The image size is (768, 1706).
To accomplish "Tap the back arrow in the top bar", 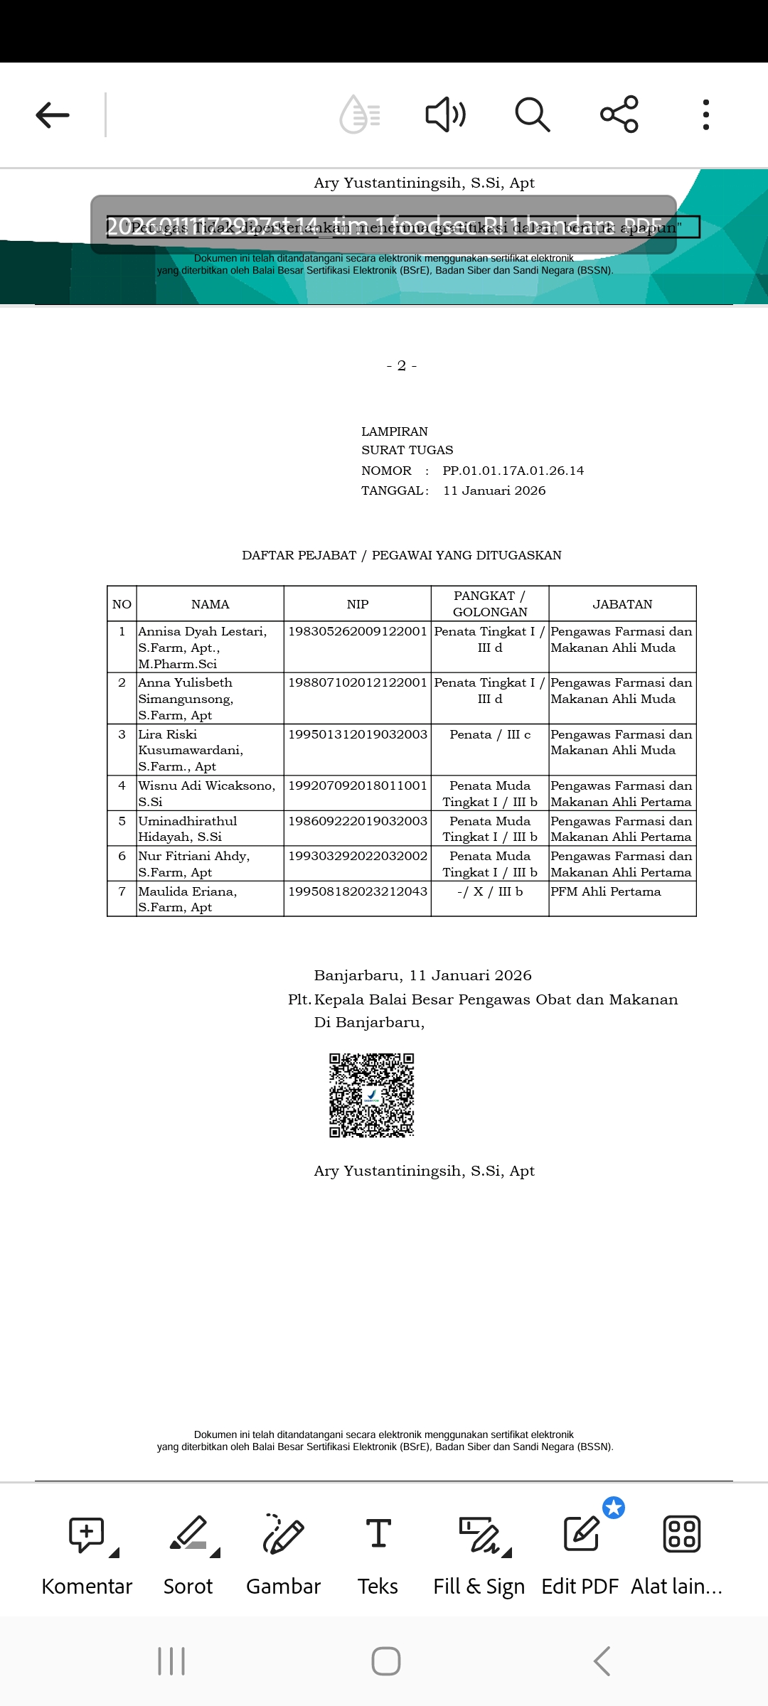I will point(53,114).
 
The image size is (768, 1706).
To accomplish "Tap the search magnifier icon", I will point(532,114).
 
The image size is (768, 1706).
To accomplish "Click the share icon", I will point(619,114).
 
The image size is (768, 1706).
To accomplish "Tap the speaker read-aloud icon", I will point(445,114).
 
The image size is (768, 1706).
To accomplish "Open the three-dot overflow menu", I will point(705,114).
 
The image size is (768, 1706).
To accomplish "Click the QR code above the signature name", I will point(371,1095).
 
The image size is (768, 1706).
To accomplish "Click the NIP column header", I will point(358,604).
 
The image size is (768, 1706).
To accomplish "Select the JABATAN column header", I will point(622,604).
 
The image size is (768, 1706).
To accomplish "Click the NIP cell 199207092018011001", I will point(358,785).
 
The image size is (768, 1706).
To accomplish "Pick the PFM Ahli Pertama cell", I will point(606,891).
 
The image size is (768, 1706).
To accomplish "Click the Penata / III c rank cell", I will point(490,734).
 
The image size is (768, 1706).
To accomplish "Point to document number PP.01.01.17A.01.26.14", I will point(513,471).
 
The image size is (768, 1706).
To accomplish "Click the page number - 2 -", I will point(402,365).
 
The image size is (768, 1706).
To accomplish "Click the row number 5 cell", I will point(122,821).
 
